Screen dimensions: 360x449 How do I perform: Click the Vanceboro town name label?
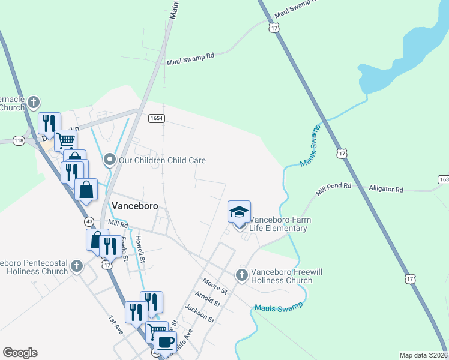click(135, 205)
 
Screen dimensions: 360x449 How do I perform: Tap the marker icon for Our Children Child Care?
click(109, 160)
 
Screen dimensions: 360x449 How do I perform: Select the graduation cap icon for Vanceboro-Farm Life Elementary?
click(239, 212)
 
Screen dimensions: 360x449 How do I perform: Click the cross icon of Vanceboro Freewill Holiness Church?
click(241, 275)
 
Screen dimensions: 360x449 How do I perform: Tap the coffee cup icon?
click(165, 343)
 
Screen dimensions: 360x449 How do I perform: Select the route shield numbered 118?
click(18, 140)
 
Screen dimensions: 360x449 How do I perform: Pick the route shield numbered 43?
click(89, 220)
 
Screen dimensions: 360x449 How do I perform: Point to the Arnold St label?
click(207, 298)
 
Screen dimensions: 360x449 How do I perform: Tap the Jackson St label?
click(199, 313)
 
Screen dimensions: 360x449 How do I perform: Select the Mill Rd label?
click(118, 224)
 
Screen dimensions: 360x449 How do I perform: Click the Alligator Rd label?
click(386, 188)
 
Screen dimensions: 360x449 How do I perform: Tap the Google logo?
click(20, 353)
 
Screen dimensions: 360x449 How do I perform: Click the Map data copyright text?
click(424, 355)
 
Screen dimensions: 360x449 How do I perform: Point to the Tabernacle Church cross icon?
click(34, 101)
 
